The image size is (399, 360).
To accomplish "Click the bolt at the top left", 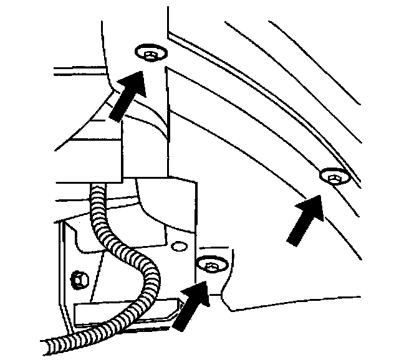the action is (x=150, y=54).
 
